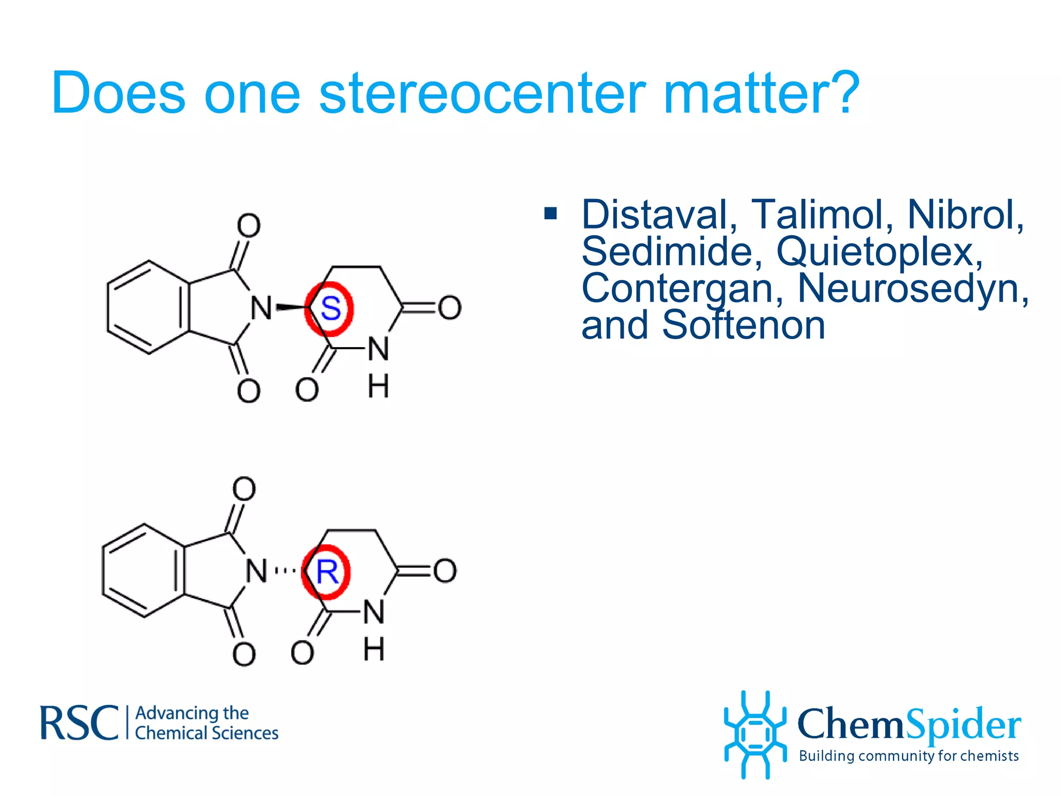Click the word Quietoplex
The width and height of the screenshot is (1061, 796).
(879, 252)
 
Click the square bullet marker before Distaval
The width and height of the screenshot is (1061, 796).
(551, 214)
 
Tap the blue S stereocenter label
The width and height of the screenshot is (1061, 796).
(331, 309)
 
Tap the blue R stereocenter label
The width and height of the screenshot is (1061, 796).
(327, 572)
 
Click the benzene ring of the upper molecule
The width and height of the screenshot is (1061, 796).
(148, 307)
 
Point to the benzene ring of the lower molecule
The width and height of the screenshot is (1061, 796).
(143, 570)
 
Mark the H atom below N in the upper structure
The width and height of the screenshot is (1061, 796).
(378, 386)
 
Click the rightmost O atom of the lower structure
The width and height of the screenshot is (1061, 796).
(445, 571)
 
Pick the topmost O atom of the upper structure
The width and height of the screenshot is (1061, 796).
(249, 225)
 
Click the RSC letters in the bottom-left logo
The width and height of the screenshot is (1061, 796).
(79, 723)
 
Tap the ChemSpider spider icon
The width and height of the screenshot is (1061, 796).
(755, 734)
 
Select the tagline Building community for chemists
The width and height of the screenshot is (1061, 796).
(909, 756)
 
